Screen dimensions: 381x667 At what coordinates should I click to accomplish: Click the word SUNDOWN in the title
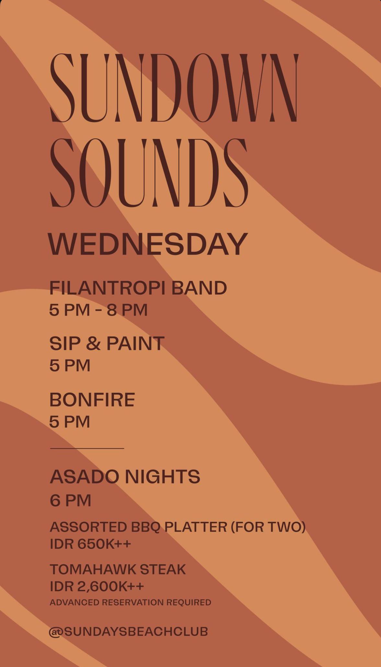tap(174, 88)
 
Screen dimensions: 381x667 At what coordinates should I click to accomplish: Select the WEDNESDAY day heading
tap(148, 244)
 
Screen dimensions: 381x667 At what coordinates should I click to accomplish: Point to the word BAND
tap(199, 288)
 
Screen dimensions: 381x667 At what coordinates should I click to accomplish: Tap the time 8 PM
tap(127, 310)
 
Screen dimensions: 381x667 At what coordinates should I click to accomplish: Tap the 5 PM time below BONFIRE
tap(70, 422)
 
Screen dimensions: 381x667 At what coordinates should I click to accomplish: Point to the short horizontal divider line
tap(87, 449)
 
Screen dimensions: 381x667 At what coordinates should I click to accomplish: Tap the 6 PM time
tap(70, 500)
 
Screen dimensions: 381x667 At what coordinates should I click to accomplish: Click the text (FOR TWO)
tap(268, 527)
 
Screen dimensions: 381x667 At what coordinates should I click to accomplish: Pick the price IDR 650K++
tap(90, 544)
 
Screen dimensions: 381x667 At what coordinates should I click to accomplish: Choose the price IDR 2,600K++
tap(97, 586)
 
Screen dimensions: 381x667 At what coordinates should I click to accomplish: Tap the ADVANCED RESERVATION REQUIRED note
tap(131, 603)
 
